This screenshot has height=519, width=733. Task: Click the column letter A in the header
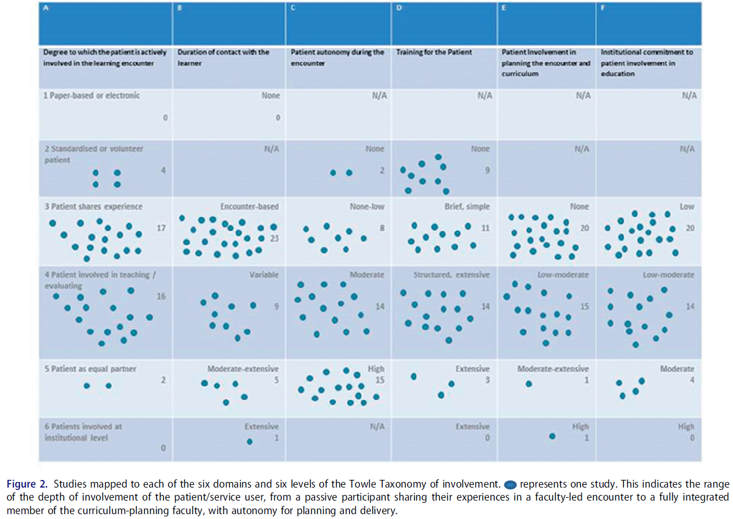point(46,8)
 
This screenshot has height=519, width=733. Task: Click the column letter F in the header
point(602,8)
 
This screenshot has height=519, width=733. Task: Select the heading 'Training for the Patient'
point(434,52)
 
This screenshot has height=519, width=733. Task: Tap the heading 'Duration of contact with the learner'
point(223,57)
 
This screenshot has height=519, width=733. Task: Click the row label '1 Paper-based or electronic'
point(92,95)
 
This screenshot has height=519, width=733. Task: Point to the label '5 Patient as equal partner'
point(90,369)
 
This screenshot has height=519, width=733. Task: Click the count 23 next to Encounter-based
point(274,238)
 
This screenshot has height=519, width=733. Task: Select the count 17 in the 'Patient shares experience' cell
point(161,228)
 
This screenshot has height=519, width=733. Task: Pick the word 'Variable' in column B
point(263,275)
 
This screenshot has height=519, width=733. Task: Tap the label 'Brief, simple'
point(467,206)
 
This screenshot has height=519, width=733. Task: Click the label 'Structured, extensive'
point(451,275)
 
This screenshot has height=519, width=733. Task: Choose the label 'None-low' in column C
point(366,206)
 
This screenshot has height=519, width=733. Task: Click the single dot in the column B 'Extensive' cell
point(249,442)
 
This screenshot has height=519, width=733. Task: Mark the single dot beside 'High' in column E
point(552,436)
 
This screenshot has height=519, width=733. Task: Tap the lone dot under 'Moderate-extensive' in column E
point(529,384)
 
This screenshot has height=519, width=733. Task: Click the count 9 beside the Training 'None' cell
point(487,170)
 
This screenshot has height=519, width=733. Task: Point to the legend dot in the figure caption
point(510,485)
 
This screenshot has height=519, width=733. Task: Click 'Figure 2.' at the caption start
point(27,484)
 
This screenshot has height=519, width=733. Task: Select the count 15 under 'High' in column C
point(380,380)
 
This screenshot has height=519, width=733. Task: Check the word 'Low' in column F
point(687,206)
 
